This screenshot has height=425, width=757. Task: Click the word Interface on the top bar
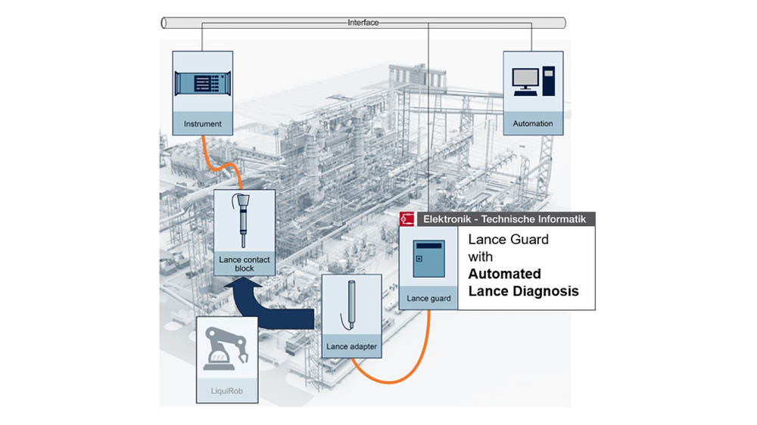pos(363,23)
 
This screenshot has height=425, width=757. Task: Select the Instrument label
pos(203,124)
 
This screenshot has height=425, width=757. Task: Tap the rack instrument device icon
pos(203,83)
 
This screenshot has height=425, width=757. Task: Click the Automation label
pos(533,123)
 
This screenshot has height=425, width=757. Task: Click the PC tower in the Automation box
pos(548,81)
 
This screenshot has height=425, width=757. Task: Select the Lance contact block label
pos(245,264)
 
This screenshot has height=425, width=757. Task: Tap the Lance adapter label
pos(351,346)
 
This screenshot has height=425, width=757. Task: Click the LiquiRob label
pos(227,391)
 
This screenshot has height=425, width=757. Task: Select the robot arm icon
pos(226,349)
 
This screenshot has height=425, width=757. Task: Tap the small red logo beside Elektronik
pos(407,219)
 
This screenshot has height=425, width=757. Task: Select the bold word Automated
pos(504,274)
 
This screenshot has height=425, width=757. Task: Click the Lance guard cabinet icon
pos(428,259)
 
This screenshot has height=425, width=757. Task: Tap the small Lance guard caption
pos(428,299)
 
